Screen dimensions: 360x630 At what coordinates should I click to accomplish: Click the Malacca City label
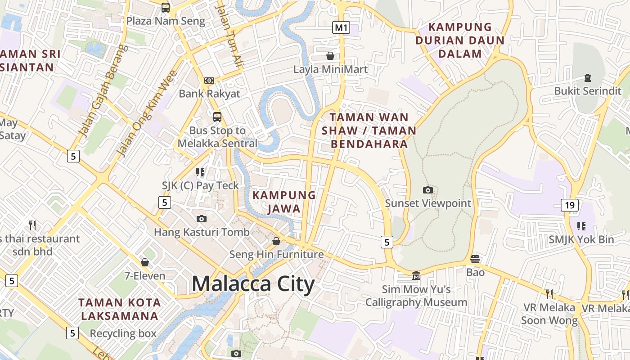253,284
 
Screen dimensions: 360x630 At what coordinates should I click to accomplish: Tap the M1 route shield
341,27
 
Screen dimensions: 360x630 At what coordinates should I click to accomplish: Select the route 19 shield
569,206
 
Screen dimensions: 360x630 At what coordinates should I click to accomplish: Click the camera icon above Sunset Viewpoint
428,190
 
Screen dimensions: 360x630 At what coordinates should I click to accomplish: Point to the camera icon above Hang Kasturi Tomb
202,219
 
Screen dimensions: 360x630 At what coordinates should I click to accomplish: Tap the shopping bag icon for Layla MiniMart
330,56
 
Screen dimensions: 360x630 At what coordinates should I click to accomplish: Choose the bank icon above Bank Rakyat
209,81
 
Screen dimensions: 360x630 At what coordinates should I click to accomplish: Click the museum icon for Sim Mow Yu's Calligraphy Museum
416,275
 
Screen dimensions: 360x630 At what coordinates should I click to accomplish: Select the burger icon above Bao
475,259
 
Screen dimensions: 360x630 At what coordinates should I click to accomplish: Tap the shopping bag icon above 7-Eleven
145,262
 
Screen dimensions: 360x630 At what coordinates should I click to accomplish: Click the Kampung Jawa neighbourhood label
284,202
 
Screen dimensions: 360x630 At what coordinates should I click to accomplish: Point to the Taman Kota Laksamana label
119,309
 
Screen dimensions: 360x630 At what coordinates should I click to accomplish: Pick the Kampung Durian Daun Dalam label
460,40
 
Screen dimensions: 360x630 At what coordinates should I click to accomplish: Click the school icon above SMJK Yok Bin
581,226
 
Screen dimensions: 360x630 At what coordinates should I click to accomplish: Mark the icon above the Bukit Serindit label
587,78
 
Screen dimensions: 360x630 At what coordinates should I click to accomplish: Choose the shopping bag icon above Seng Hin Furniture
276,241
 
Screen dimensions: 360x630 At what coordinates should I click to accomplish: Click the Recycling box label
123,333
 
